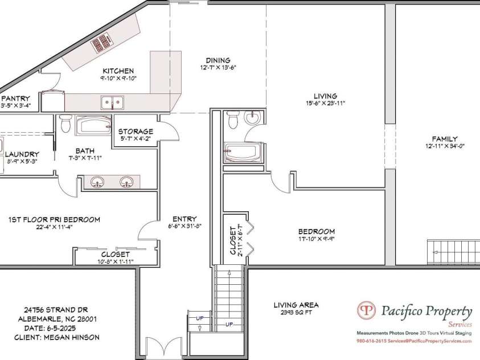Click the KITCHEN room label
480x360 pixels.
tap(118, 71)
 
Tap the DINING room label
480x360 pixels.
tap(218, 60)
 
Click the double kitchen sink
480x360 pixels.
tap(112, 102)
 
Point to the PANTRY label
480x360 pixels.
tap(16, 99)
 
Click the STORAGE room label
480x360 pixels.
tap(136, 132)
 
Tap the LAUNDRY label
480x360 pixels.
tap(22, 154)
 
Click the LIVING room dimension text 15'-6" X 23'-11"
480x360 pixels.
tap(325, 103)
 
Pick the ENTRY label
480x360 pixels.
tap(184, 219)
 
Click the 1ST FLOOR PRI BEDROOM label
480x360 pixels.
tap(54, 219)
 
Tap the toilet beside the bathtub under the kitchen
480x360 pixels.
tap(65, 123)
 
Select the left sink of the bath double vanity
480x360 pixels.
tap(98, 182)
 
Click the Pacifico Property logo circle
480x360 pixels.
tap(367, 311)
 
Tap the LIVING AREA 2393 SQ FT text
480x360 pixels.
tap(296, 308)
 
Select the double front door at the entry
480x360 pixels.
tap(165, 349)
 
